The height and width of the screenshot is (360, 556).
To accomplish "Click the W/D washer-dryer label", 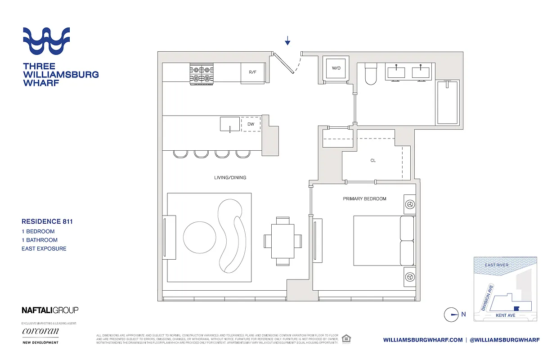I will tap(336, 68).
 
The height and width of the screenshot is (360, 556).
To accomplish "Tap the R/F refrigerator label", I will tap(252, 72).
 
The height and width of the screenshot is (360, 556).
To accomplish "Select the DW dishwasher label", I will tap(251, 124).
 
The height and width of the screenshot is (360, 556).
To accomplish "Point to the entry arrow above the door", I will tap(287, 41).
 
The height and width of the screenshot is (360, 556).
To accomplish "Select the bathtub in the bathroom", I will tap(447, 102).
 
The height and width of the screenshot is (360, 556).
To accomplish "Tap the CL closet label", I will tap(373, 161).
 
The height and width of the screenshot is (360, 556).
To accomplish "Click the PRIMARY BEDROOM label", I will tap(364, 198).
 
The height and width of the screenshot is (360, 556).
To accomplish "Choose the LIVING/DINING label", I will tap(230, 178).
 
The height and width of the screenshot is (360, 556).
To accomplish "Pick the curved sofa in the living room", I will tap(232, 236).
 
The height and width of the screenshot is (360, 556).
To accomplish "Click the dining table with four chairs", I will tap(282, 241).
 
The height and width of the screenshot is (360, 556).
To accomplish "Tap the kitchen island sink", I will tap(229, 124).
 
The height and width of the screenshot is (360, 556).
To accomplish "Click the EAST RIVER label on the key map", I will tap(496, 265).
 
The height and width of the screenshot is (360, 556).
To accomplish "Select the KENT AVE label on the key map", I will tap(506, 315).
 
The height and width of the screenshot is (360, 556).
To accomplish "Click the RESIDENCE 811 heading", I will tap(47, 221).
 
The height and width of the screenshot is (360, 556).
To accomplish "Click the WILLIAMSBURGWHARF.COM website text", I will tap(423, 340).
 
